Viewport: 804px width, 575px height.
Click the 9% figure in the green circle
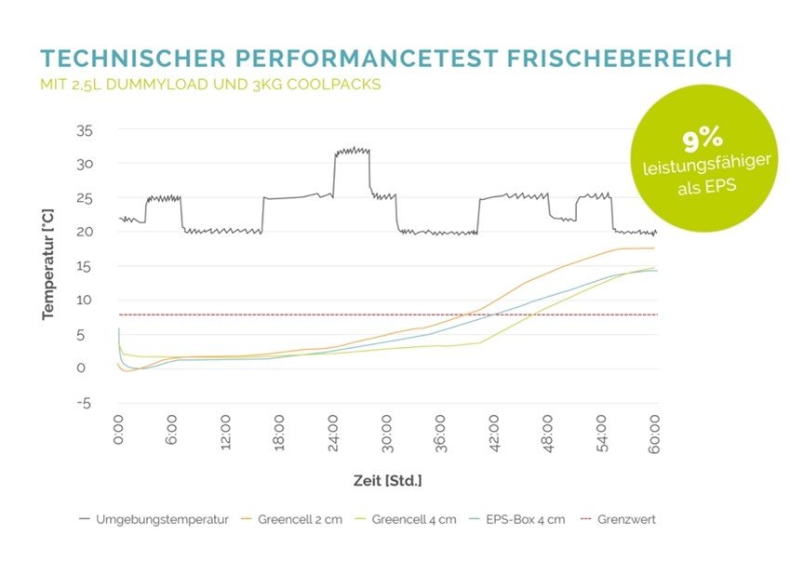pyautogui.click(x=703, y=140)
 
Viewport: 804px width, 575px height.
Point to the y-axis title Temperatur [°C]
pyautogui.click(x=47, y=266)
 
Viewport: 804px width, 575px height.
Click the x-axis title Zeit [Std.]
pyautogui.click(x=387, y=480)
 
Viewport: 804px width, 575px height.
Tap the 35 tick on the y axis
pyautogui.click(x=85, y=130)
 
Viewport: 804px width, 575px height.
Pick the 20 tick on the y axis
pyautogui.click(x=85, y=233)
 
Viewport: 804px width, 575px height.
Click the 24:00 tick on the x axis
pyautogui.click(x=334, y=430)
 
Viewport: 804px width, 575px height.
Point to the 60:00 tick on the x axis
pyautogui.click(x=655, y=430)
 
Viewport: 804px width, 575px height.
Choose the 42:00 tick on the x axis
pyautogui.click(x=495, y=430)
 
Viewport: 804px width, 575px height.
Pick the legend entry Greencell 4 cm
pyautogui.click(x=414, y=519)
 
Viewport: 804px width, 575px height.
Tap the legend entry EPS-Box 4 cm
pyautogui.click(x=526, y=519)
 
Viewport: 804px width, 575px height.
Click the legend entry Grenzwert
pyautogui.click(x=624, y=519)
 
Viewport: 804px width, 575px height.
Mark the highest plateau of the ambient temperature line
pyautogui.click(x=353, y=150)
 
